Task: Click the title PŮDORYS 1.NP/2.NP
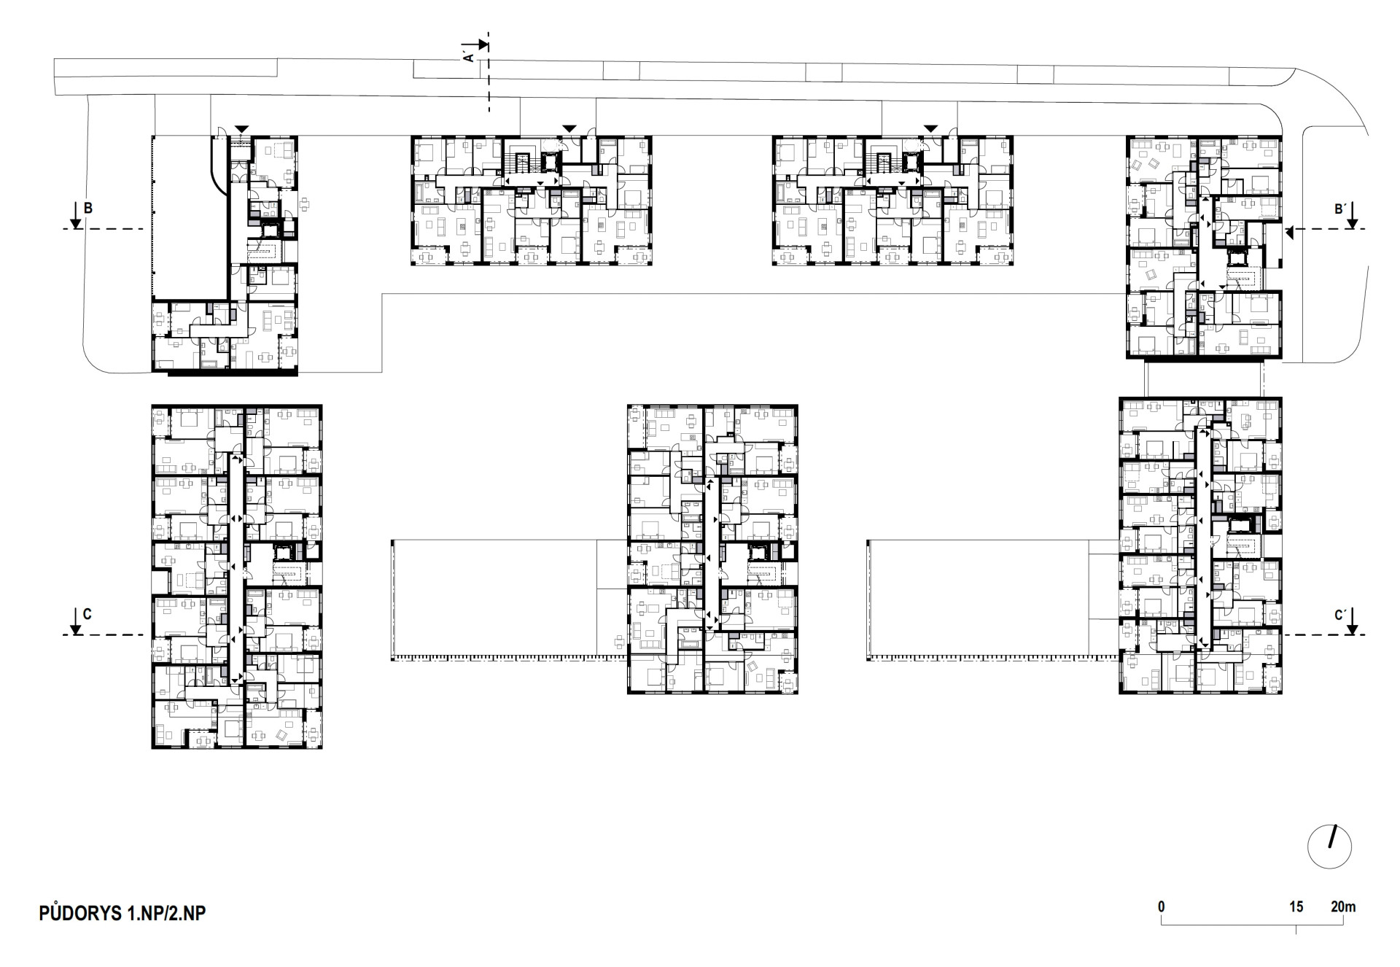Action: tap(122, 912)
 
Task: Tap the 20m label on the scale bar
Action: tap(1343, 907)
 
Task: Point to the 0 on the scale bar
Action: tap(1162, 907)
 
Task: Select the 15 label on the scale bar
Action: tap(1296, 907)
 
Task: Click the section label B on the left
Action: tap(88, 209)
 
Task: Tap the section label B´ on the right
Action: tap(1339, 209)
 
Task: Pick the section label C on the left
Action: tap(87, 614)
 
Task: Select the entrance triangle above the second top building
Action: tap(569, 129)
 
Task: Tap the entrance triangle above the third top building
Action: tap(930, 129)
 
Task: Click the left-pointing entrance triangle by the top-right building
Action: tap(1289, 233)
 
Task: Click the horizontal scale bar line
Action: tap(1253, 925)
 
